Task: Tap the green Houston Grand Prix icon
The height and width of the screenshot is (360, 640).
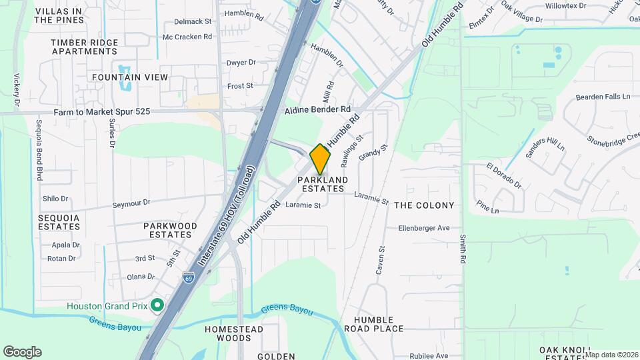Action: click(157, 306)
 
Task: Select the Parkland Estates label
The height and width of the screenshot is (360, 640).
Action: click(323, 185)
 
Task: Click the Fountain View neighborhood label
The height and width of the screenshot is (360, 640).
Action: click(130, 77)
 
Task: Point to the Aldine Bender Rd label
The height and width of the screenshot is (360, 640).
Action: click(317, 109)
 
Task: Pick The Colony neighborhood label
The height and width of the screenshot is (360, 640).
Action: click(424, 205)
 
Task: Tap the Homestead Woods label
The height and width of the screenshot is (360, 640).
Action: click(234, 333)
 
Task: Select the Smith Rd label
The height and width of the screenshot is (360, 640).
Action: click(461, 249)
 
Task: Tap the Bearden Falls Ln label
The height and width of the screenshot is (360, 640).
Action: click(603, 97)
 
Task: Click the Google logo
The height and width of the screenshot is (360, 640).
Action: click(22, 352)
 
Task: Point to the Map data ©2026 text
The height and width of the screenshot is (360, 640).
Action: click(611, 355)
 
